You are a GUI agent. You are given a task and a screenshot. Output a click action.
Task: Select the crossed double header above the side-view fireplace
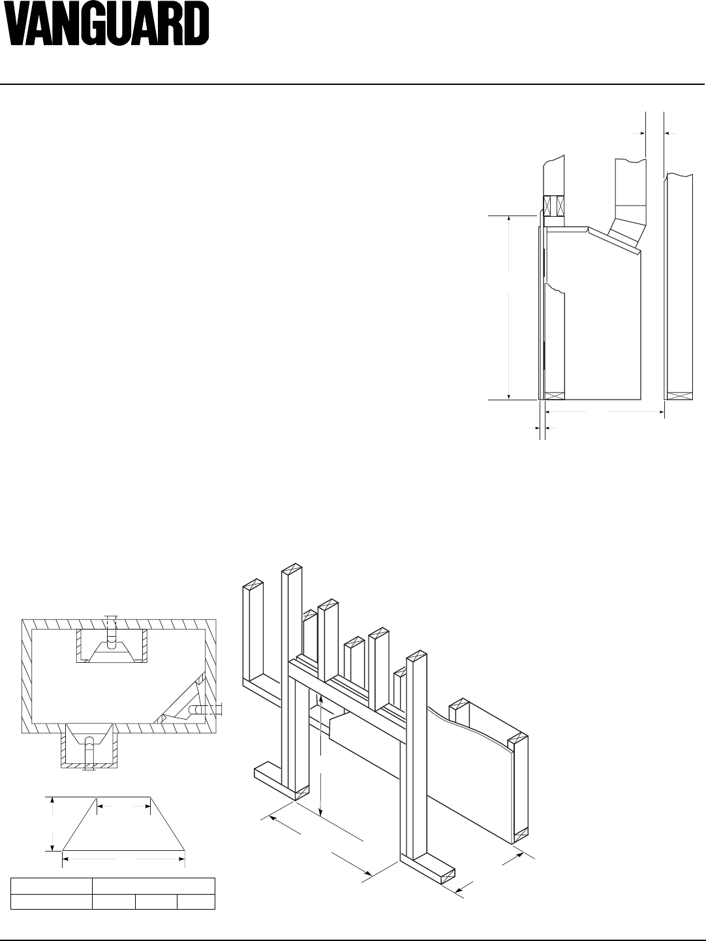coord(552,206)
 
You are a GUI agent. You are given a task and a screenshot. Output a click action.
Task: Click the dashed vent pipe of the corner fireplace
coord(196,709)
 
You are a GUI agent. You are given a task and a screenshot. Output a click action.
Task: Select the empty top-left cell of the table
coord(52,886)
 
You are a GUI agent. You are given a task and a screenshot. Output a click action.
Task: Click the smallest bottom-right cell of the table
coord(196,902)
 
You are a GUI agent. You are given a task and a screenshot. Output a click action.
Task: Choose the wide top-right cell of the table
coord(153,886)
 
